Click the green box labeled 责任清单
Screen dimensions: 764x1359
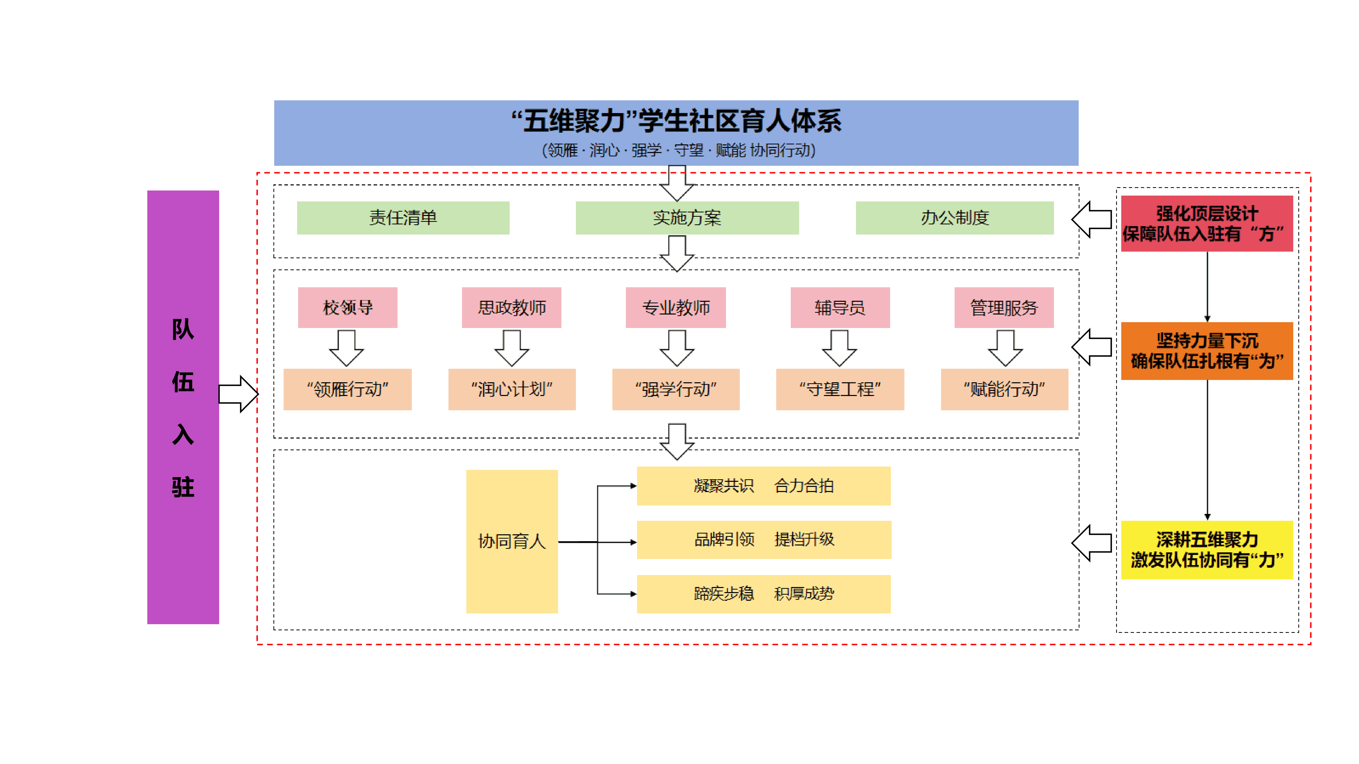pyautogui.click(x=403, y=218)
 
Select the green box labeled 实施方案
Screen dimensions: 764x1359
pyautogui.click(x=687, y=218)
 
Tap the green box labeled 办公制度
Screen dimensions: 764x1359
pyautogui.click(x=954, y=218)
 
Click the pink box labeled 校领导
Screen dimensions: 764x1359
pyautogui.click(x=348, y=307)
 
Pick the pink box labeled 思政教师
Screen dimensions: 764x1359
pyautogui.click(x=511, y=307)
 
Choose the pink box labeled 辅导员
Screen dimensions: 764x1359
pyautogui.click(x=840, y=307)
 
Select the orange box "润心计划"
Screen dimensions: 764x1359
pyautogui.click(x=512, y=389)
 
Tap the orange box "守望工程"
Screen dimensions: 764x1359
pyautogui.click(x=840, y=389)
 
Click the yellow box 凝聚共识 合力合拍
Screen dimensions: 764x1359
pyautogui.click(x=763, y=486)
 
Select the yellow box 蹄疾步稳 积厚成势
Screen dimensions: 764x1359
pyautogui.click(x=763, y=594)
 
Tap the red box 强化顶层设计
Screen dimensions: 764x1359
pyautogui.click(x=1207, y=224)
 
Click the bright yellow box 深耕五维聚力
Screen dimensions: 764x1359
pyautogui.click(x=1207, y=550)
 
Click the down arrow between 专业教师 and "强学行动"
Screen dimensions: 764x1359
pyautogui.click(x=677, y=348)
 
